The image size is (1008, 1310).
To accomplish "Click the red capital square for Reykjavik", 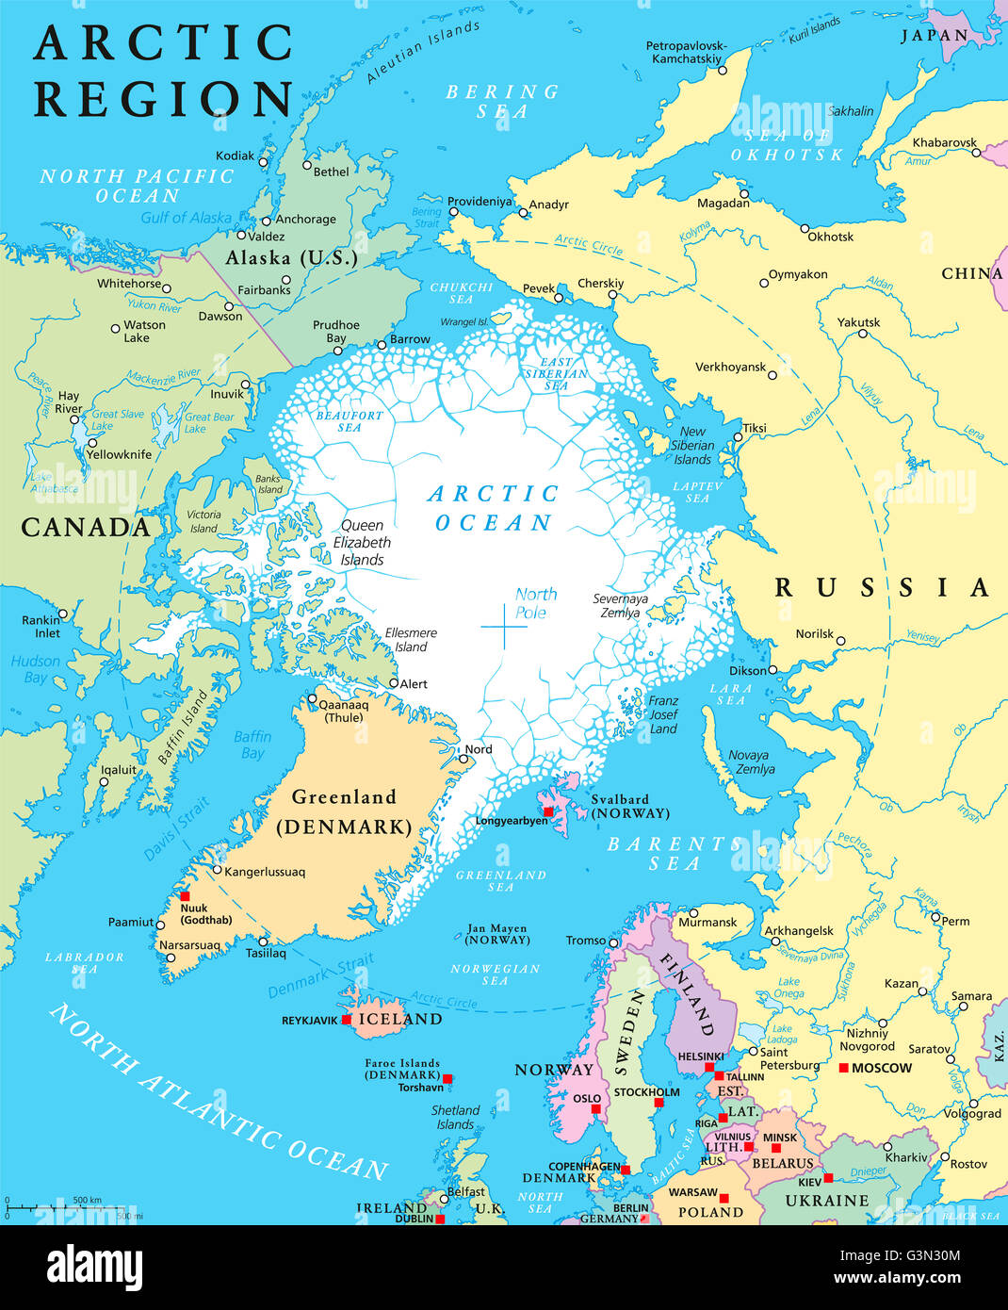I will coord(347,1020).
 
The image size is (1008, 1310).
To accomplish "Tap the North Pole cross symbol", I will coord(503,627).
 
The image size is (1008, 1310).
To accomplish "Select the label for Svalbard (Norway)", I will coord(629,807).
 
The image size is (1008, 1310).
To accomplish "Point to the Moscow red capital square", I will coord(843,1068).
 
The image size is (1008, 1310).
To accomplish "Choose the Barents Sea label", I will coord(675,853).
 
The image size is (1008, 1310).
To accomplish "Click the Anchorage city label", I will coord(305,219).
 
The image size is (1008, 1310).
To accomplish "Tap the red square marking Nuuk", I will coord(185,896).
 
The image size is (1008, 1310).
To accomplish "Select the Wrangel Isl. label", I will coord(464,321).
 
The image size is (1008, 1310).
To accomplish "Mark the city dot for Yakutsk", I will coord(862,333).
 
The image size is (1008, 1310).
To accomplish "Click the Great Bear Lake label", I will coord(208,422).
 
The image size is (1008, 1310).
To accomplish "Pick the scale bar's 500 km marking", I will coord(87,1200).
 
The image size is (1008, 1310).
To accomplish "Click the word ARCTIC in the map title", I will coord(164,43).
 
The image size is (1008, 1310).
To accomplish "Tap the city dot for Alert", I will coord(394,683).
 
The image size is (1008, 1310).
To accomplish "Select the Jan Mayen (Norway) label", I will coord(497,934).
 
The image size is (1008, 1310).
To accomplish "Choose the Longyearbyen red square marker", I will coord(547,811).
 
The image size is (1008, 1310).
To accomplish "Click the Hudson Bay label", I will coord(35,669).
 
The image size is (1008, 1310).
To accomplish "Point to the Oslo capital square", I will coord(595,1109).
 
